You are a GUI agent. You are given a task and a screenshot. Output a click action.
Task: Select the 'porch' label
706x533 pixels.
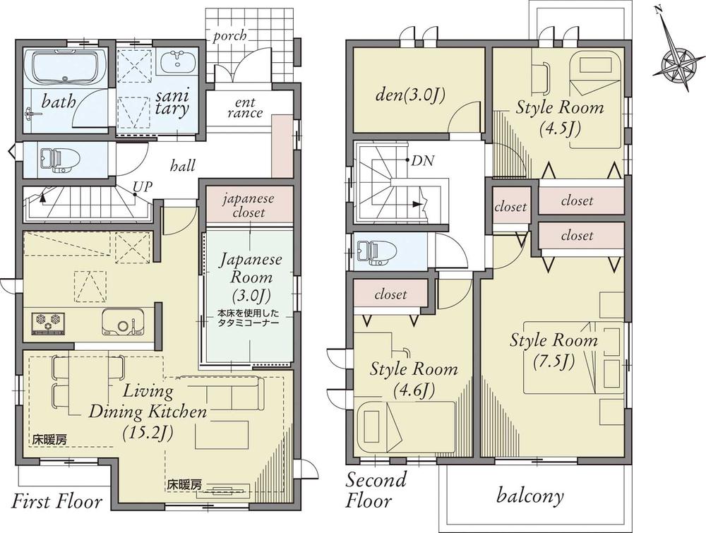229,35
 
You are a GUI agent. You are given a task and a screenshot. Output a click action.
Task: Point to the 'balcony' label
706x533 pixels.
529,496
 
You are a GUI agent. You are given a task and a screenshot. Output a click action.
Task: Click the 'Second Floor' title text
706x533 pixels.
376,491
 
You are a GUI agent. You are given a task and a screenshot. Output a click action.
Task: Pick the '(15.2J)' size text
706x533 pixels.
149,431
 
